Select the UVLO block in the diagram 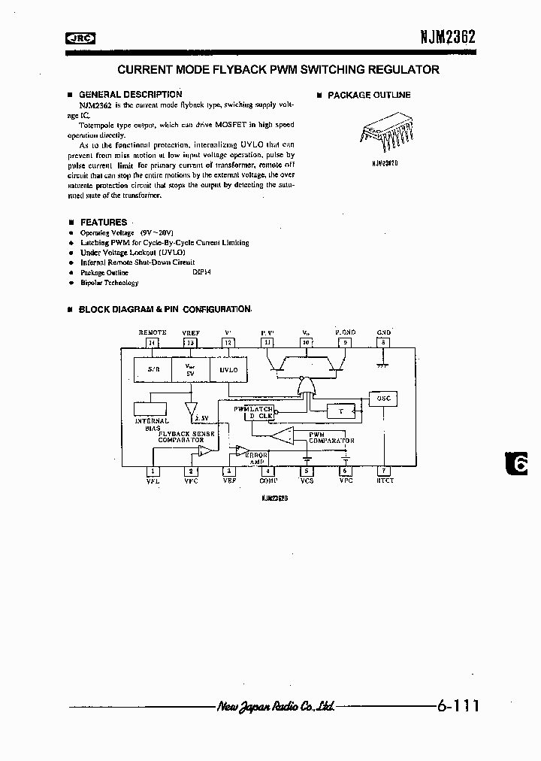pos(228,370)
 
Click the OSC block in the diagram pos(383,398)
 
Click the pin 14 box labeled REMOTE pos(153,342)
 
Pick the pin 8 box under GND pos(383,342)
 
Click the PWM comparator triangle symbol pos(284,436)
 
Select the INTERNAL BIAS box pos(150,410)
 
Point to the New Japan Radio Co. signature pos(275,706)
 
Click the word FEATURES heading pos(104,223)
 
